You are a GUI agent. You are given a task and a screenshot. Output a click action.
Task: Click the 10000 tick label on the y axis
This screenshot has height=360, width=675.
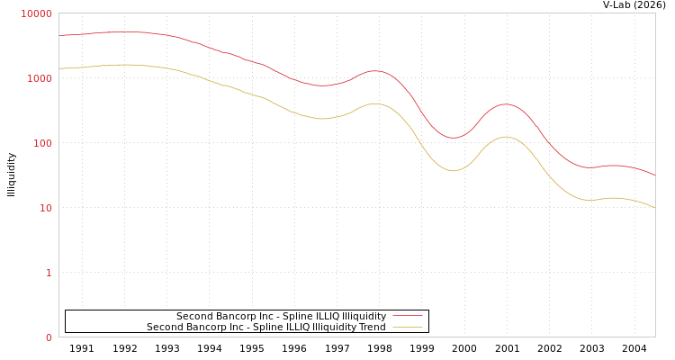[x=37, y=13]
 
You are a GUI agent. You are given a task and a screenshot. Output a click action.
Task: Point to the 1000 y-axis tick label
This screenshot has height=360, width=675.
[x=40, y=78]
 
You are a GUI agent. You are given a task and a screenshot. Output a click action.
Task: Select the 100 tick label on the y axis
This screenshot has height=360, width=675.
[x=41, y=143]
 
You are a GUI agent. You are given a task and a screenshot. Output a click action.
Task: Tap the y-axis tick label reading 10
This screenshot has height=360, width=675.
[x=44, y=208]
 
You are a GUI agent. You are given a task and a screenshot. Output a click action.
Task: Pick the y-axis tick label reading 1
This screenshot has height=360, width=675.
[x=49, y=273]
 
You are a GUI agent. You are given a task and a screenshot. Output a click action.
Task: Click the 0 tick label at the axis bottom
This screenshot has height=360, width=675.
[x=49, y=337]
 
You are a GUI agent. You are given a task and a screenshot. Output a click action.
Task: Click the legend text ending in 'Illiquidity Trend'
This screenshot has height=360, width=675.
[x=265, y=328]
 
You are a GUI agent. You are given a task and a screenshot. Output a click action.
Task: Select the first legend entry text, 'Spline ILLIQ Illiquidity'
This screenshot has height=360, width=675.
[x=281, y=317]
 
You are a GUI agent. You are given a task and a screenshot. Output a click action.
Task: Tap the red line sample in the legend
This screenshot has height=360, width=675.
[x=407, y=317]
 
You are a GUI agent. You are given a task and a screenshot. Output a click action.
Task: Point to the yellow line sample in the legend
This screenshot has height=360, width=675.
[x=407, y=328]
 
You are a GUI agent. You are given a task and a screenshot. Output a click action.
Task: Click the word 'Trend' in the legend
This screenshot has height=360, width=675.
[x=371, y=328]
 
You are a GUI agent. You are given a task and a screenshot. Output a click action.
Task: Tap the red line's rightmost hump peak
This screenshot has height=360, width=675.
[x=506, y=104]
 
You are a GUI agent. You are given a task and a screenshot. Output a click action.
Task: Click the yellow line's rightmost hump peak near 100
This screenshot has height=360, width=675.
[x=506, y=137]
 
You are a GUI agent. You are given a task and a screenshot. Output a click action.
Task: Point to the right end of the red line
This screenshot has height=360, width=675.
[x=654, y=175]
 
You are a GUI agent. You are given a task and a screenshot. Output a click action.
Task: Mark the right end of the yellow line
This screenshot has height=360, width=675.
[x=654, y=208]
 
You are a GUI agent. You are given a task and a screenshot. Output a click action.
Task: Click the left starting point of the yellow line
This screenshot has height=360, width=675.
[x=59, y=68]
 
